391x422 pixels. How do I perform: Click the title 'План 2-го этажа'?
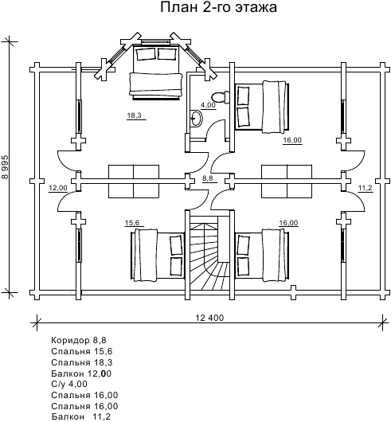point(218,7)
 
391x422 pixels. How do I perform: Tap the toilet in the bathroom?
point(220,97)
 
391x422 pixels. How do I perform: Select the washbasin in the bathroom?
point(196,118)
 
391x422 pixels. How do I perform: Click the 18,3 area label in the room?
point(135,115)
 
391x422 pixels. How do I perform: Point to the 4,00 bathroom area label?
point(209,105)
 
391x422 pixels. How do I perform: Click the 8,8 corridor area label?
point(208,178)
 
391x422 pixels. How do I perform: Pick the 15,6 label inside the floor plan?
point(132,223)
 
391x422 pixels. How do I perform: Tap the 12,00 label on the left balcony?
point(58,188)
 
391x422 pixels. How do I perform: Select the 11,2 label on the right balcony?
point(365,188)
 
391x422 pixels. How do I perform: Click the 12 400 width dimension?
point(209,318)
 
